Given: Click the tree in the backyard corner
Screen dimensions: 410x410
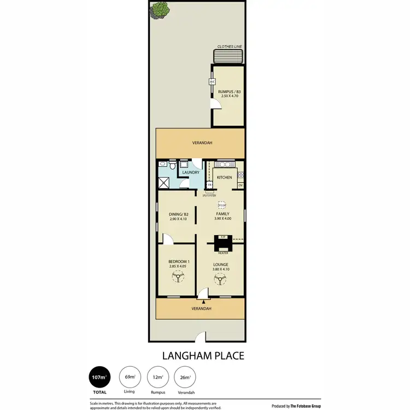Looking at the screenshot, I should pyautogui.click(x=160, y=9).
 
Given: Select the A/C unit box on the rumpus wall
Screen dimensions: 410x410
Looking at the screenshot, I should pyautogui.click(x=211, y=82).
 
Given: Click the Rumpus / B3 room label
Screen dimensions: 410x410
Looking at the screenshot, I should pyautogui.click(x=228, y=91).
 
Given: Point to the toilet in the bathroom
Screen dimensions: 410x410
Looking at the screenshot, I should pyautogui.click(x=172, y=166).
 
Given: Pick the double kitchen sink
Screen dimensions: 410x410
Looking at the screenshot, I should pyautogui.click(x=224, y=164).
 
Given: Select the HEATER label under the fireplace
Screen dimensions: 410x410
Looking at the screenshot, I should pyautogui.click(x=222, y=253).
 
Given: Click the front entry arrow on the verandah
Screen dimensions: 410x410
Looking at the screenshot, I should pyautogui.click(x=203, y=300).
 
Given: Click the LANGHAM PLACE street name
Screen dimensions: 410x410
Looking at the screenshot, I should pyautogui.click(x=203, y=355).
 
